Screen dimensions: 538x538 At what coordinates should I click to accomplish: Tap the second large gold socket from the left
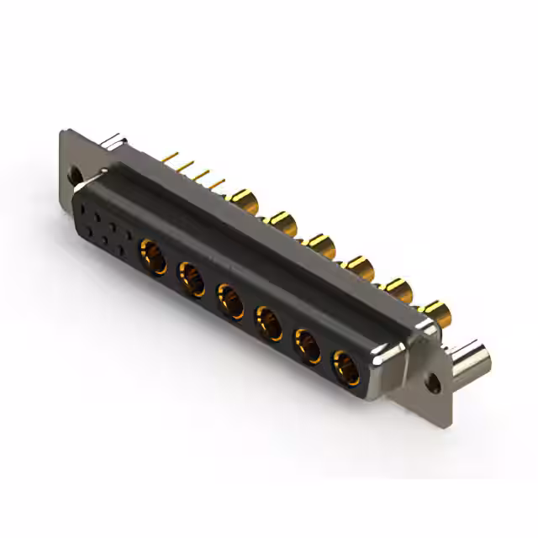pos(192,277)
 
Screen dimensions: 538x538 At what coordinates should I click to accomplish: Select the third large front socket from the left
pos(230,300)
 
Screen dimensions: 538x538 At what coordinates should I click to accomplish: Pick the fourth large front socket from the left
pos(269,322)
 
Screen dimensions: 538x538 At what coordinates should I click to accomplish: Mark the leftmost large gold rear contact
pos(244,199)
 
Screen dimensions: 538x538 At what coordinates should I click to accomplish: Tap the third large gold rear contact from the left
pos(319,245)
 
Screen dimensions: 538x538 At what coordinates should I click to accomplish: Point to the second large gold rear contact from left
pos(280,221)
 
